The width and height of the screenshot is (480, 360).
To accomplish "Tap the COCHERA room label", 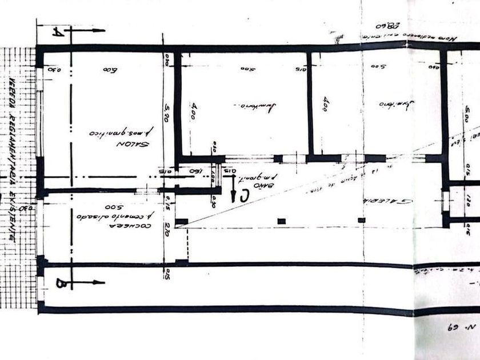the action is point(139,226).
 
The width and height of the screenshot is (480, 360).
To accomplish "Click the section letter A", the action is point(57,33).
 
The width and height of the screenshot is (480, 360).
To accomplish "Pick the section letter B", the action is point(61,283).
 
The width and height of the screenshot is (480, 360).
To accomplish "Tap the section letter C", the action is point(245,195).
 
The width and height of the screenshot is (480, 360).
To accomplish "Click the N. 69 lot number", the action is point(463,328).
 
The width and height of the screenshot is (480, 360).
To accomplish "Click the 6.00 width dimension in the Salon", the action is point(110,70).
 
